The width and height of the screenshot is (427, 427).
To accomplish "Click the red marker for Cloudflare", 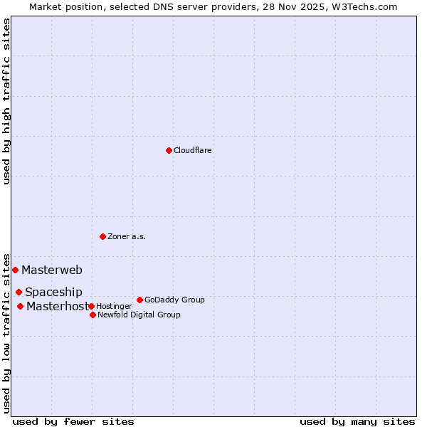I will point(169,150).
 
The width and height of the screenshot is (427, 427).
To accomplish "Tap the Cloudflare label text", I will point(193,150).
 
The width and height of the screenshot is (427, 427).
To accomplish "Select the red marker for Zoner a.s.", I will point(102,236).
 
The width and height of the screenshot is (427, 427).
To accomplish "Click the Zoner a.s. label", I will point(127,236).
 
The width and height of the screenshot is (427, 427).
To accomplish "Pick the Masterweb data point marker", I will point(15,270).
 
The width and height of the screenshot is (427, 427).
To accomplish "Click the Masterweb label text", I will point(52,270).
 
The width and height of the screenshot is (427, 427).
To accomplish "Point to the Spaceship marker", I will point(19,292).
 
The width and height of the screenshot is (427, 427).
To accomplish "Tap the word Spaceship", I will point(53,292).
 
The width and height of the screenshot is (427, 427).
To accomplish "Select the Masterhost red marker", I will point(20,306).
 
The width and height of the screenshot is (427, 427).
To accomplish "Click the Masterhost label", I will point(57,306).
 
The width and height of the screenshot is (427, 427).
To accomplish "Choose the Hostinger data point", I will point(91,306).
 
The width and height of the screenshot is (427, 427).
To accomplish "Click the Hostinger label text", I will point(114,306).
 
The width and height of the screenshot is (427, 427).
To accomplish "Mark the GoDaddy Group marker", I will point(139,300).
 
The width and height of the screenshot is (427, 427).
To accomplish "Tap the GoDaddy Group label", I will point(174,300).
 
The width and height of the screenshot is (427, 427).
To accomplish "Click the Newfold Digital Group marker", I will point(93,315).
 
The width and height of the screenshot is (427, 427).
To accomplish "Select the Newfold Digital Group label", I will point(139,315).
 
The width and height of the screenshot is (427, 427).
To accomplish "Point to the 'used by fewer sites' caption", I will point(73,421).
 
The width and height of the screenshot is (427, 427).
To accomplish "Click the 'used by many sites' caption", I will point(357,421).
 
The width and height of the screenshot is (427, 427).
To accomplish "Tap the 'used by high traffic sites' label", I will point(6,101).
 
